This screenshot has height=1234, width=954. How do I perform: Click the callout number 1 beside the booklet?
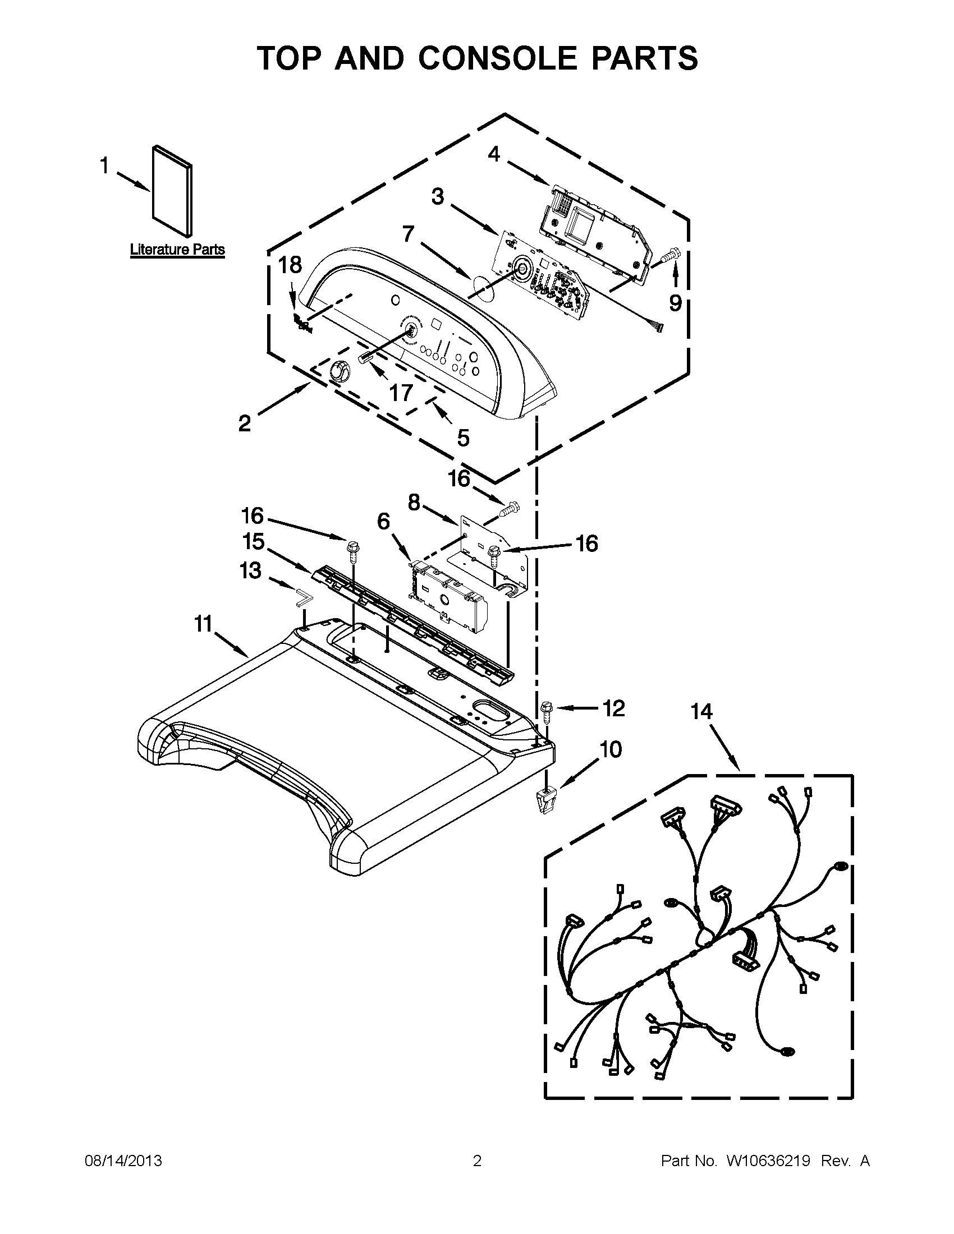[104, 165]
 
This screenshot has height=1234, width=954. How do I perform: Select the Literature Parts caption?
[177, 250]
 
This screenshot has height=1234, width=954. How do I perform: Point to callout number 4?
[494, 153]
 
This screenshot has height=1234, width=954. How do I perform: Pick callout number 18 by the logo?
[291, 265]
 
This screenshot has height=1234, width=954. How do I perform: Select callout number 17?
[401, 392]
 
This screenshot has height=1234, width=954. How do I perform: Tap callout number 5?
[463, 437]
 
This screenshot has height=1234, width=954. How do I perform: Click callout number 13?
[250, 570]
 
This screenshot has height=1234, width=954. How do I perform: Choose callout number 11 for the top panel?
[204, 624]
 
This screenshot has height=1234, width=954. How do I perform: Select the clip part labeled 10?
[544, 801]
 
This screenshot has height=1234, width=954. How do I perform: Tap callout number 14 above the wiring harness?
[701, 711]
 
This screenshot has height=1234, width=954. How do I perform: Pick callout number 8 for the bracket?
[414, 502]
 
